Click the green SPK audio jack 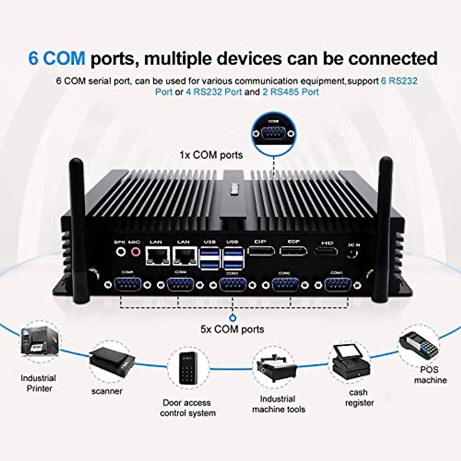121,252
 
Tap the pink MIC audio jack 135,252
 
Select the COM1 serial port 337,285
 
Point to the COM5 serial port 128,285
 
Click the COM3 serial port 232,285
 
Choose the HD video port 326,252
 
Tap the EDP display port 294,251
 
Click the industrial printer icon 40,341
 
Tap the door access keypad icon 188,368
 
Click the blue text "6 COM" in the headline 57,58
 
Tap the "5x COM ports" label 232,329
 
